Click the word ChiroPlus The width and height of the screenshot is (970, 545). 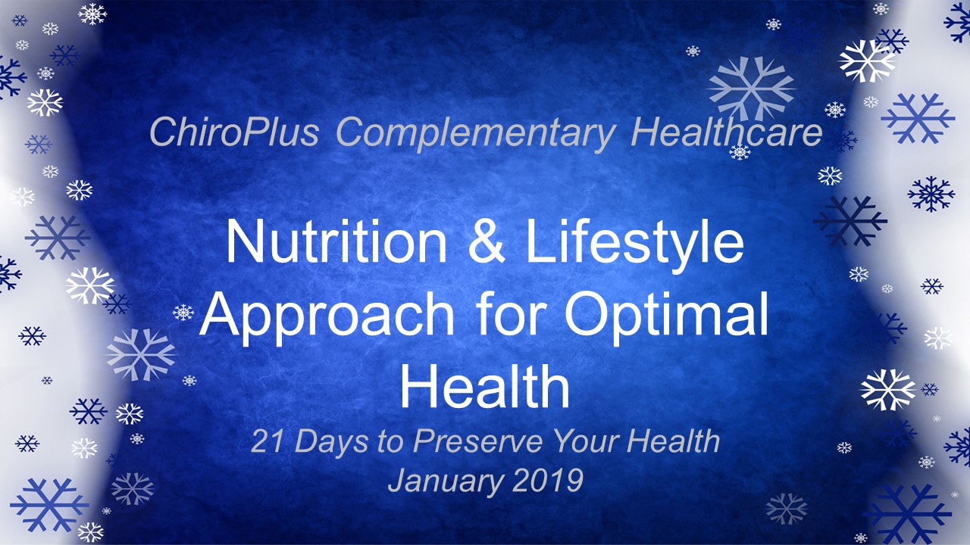coord(234,132)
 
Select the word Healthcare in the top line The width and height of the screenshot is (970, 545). coord(726,132)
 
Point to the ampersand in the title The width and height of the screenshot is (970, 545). coord(487,241)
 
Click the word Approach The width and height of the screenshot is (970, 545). coord(327,318)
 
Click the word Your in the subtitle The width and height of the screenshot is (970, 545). coord(586,441)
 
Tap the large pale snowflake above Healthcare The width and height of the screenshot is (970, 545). coord(752,89)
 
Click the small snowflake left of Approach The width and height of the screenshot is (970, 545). coord(183,313)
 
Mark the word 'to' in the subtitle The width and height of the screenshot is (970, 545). coord(390,441)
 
